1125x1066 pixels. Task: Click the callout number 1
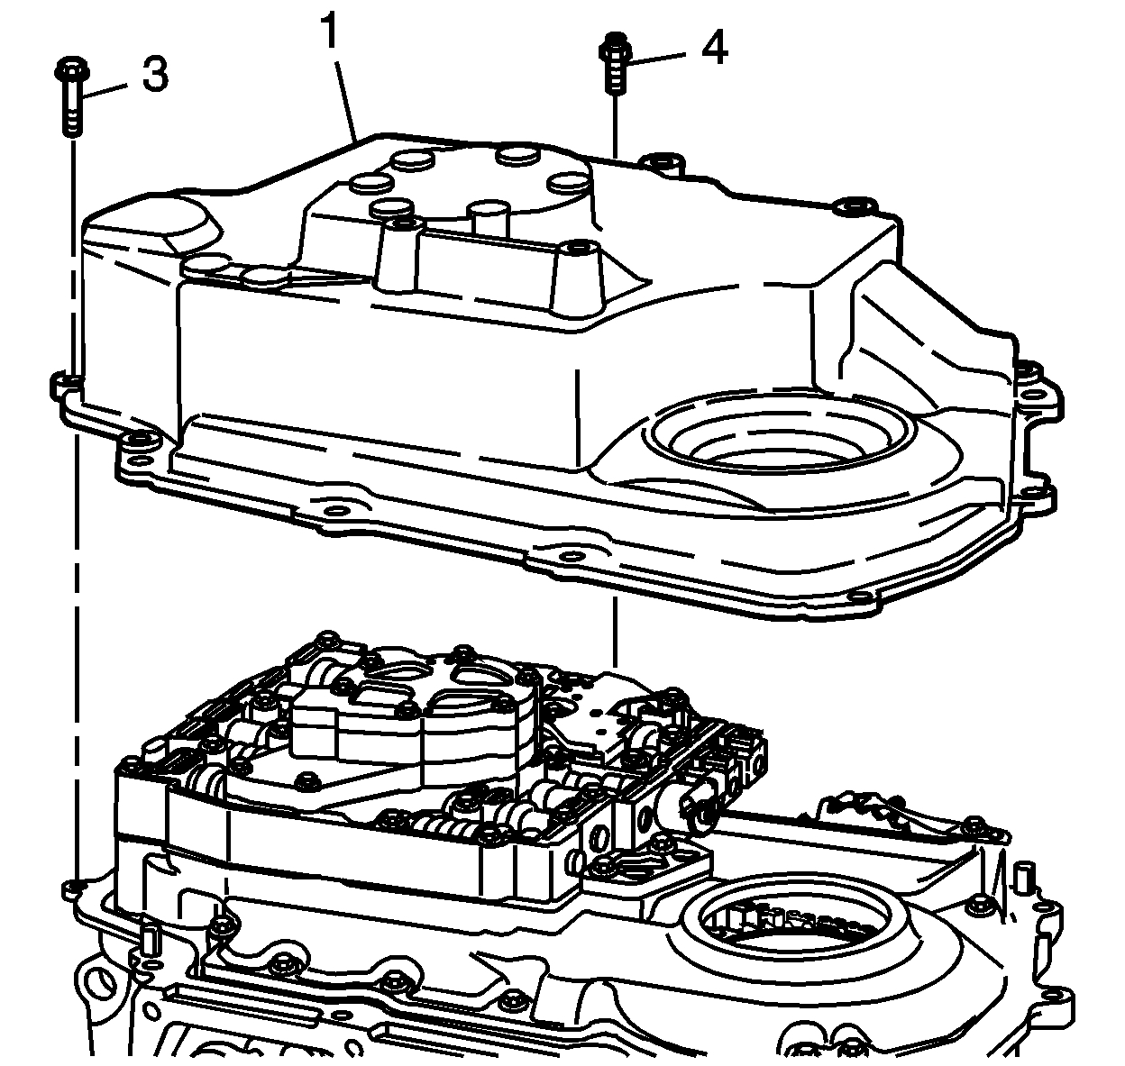330,33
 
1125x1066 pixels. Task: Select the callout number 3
154,76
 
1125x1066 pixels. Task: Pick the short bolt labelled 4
614,60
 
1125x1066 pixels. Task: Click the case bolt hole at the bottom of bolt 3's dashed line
72,889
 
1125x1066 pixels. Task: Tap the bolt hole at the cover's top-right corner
848,208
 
